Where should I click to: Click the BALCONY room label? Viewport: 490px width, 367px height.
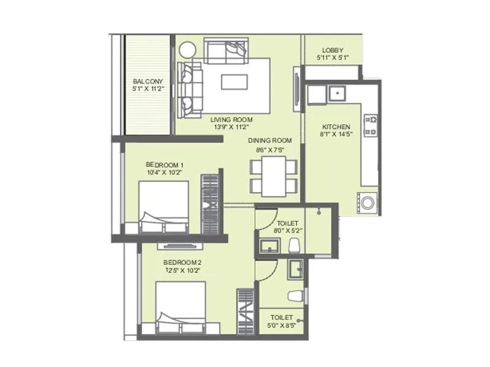[148, 81]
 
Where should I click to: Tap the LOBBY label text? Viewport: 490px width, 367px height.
[333, 50]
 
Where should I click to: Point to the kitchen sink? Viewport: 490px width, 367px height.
[335, 94]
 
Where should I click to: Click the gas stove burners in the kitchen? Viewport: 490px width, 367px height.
[370, 125]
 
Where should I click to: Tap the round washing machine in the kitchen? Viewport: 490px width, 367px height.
[367, 203]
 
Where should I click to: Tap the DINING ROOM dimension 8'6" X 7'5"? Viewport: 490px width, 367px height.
[269, 148]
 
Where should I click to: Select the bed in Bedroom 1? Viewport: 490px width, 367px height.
[164, 207]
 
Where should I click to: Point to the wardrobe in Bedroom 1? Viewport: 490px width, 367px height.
[210, 203]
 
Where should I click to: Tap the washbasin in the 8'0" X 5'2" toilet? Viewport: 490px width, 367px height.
[268, 246]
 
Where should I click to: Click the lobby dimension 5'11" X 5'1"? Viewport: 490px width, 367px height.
[333, 57]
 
